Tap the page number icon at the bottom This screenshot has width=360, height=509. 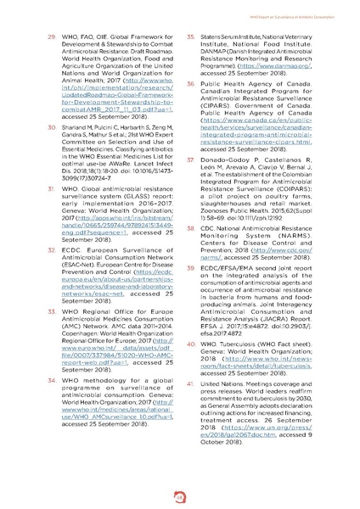180,494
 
